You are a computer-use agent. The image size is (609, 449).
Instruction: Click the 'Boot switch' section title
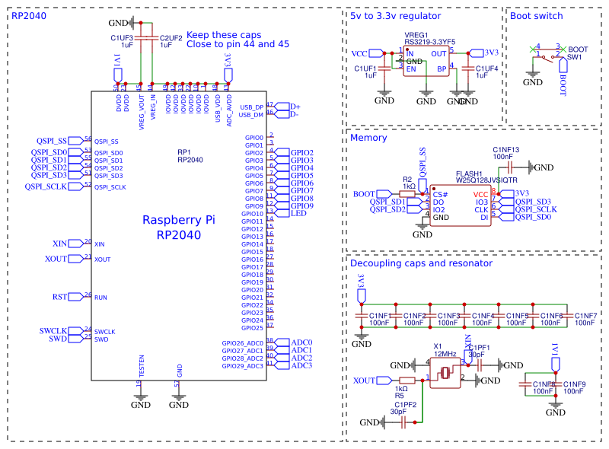tap(537, 16)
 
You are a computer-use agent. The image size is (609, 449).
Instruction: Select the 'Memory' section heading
tap(368, 138)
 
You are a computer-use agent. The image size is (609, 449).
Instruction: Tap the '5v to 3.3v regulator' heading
tap(395, 16)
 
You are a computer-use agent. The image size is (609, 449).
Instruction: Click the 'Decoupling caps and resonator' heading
tap(421, 263)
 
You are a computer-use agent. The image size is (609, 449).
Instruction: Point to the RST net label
tap(61, 297)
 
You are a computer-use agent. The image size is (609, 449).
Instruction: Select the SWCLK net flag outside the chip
tap(53, 330)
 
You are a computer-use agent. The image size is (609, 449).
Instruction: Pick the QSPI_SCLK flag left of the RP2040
tap(46, 186)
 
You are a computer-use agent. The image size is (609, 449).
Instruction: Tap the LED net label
tap(299, 214)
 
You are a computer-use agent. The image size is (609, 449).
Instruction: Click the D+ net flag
tap(295, 107)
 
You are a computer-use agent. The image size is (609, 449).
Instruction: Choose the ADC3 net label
tap(301, 365)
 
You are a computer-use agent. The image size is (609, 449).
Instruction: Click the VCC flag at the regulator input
tap(360, 53)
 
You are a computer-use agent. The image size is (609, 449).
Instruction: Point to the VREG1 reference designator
tap(416, 35)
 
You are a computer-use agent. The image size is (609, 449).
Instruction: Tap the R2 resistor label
tap(408, 180)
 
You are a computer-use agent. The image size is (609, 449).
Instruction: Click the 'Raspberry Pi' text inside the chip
tap(179, 220)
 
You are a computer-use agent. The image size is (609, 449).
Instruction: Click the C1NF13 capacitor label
tap(506, 149)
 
